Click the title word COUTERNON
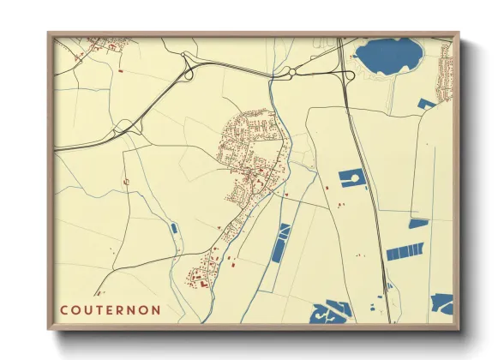pos(110,309)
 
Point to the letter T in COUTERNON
pos(99,309)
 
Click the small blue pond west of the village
pos(174,229)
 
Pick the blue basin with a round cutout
pos(351,178)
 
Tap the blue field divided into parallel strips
pos(405,251)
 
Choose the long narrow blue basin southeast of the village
pos(280,243)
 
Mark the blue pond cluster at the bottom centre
pos(330,313)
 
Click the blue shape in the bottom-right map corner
pos(441,303)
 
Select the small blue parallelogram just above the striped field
pos(418,223)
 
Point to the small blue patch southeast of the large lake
pos(426,104)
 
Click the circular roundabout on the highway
pos(292,73)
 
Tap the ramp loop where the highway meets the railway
pos(347,75)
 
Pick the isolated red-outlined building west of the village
pos(126,182)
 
